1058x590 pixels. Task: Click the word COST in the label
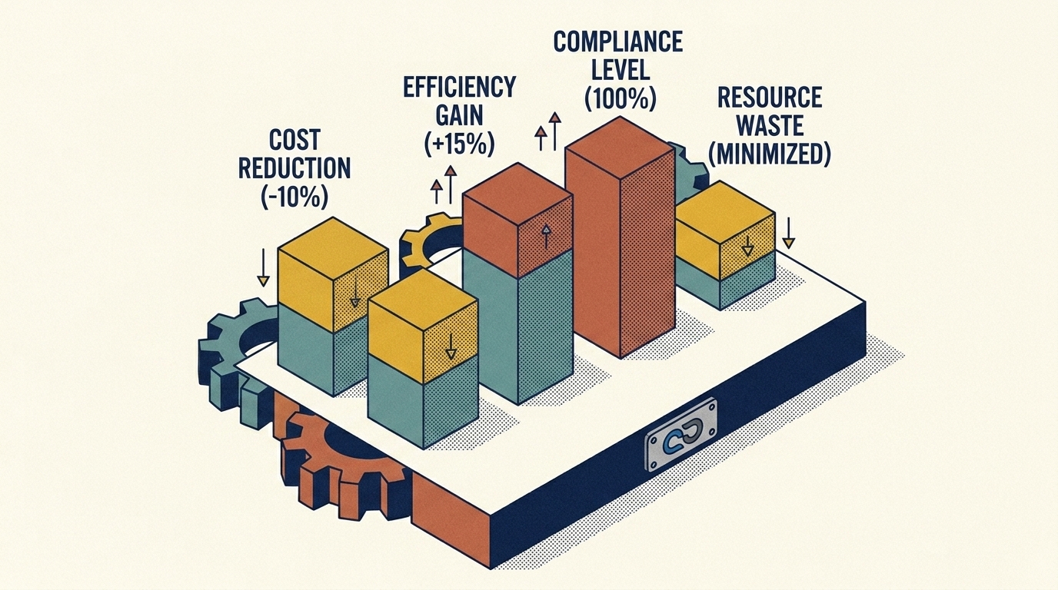coord(294,140)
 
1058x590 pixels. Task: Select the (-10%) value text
coord(294,197)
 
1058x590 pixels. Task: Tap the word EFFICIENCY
coord(460,86)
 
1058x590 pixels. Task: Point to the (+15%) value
coord(459,144)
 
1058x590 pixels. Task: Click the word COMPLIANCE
coord(618,41)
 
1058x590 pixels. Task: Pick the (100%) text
coord(620,98)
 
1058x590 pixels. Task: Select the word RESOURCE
coord(770,98)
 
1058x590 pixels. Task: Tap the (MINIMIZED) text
coord(770,154)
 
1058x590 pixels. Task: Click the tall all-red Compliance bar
coord(620,236)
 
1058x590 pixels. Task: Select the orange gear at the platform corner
coord(340,465)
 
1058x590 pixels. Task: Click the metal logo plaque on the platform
coord(681,435)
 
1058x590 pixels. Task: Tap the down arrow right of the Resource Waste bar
coord(788,233)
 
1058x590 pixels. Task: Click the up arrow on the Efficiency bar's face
coord(546,236)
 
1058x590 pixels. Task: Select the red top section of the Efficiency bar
coord(517,220)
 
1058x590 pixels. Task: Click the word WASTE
coord(770,125)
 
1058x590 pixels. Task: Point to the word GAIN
coord(459,115)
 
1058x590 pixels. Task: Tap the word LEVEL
coord(620,70)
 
